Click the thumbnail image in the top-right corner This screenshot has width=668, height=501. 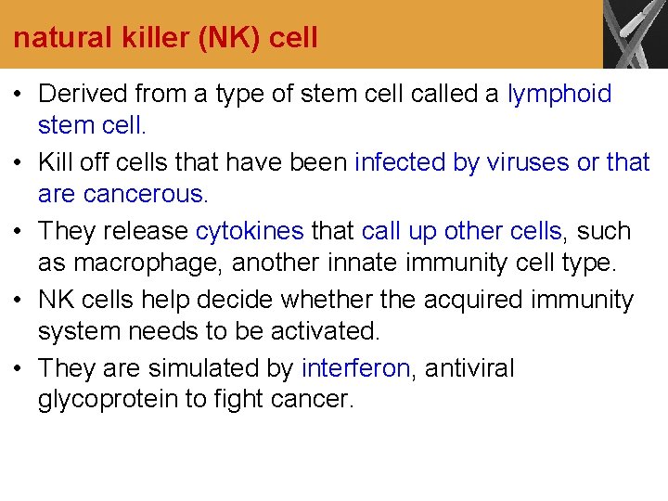click(x=635, y=33)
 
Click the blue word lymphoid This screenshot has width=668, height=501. click(x=559, y=94)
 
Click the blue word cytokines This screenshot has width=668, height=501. click(x=250, y=231)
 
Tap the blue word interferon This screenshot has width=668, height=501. click(x=355, y=368)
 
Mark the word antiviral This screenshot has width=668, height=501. click(x=470, y=368)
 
